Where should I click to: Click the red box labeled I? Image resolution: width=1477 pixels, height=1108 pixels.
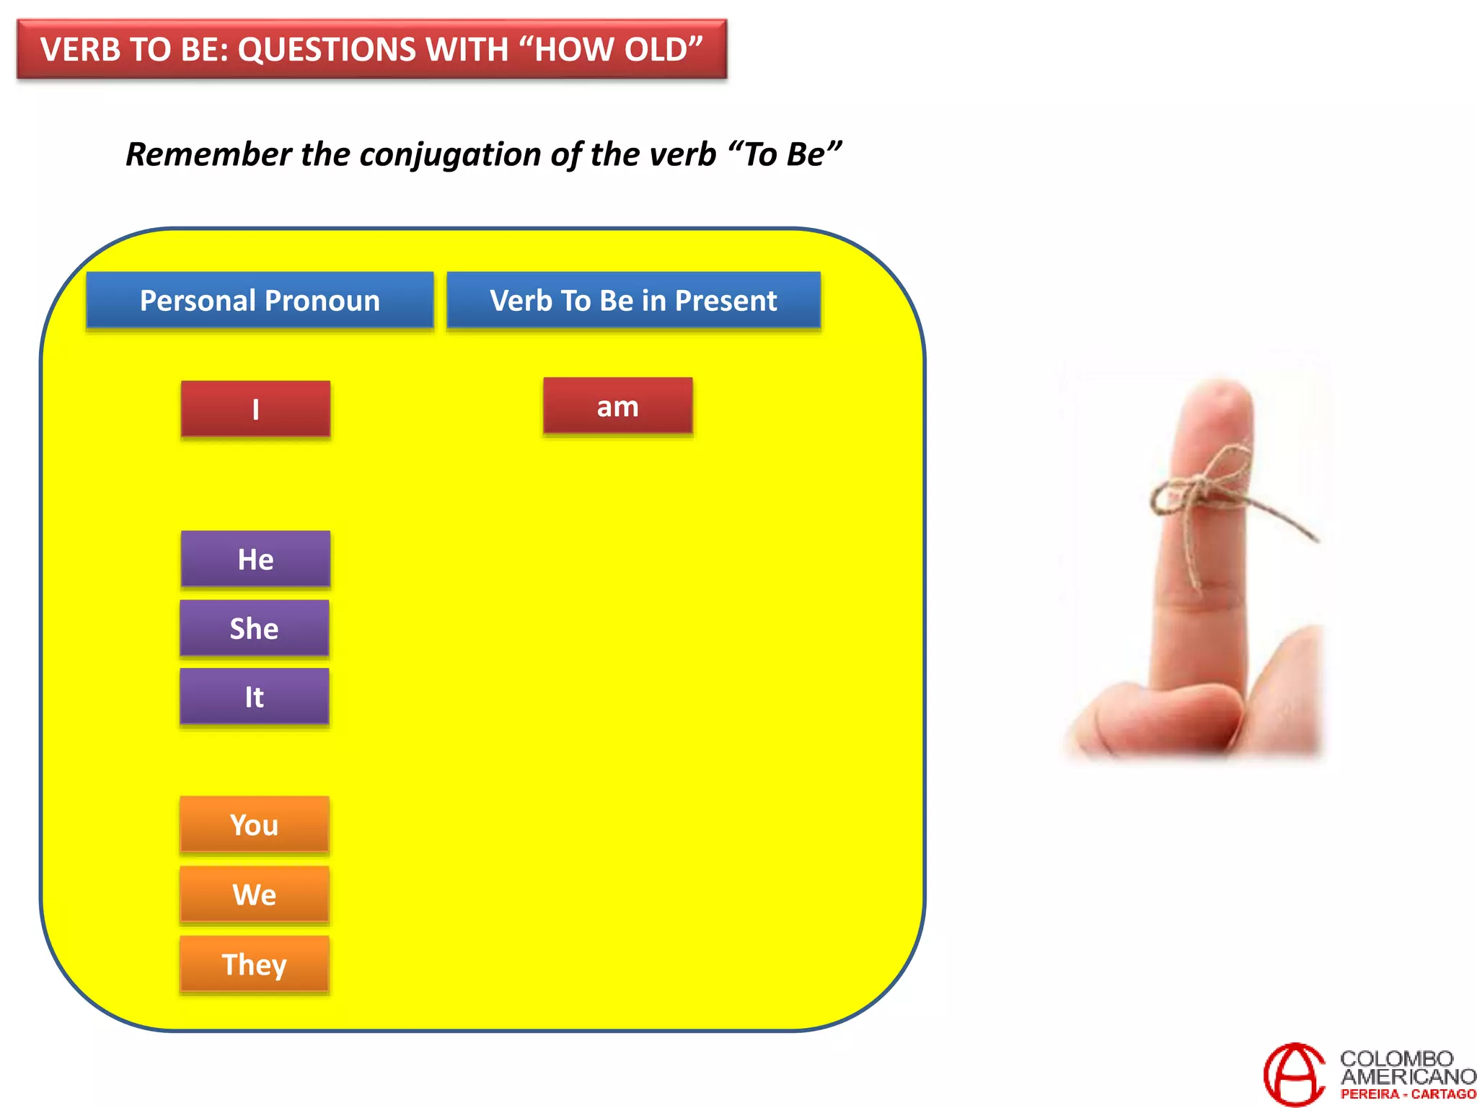(x=255, y=409)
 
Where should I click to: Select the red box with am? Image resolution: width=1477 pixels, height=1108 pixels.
(x=617, y=406)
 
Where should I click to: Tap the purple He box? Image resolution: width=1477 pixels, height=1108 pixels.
(x=255, y=559)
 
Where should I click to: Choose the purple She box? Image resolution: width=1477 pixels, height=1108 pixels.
(x=254, y=628)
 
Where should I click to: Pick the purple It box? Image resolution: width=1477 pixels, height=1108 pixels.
(x=254, y=697)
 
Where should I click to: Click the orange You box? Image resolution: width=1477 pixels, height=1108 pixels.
(x=254, y=825)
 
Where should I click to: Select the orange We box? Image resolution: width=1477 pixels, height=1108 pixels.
(x=254, y=894)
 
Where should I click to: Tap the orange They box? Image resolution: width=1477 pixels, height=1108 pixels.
(x=254, y=964)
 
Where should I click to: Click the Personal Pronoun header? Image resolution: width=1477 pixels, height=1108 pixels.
(x=260, y=300)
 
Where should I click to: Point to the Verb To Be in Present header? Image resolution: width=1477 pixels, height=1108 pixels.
(x=633, y=300)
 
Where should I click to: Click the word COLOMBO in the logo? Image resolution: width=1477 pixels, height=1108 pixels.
(x=1396, y=1058)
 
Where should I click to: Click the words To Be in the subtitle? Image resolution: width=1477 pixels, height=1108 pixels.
(x=785, y=154)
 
